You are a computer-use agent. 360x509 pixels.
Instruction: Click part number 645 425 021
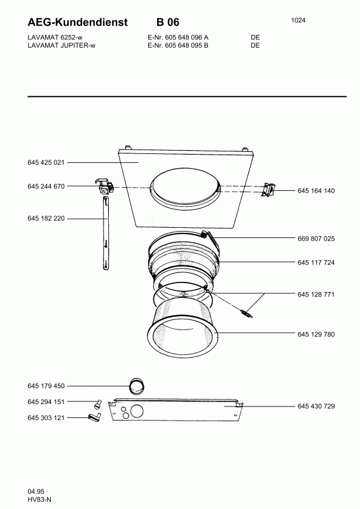[x=46, y=163]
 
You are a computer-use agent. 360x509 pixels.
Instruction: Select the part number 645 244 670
[x=46, y=186]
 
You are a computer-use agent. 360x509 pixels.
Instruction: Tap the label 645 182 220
[x=46, y=218]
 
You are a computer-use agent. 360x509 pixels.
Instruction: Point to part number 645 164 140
[x=316, y=191]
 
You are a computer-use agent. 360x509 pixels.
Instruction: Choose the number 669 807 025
[x=316, y=239]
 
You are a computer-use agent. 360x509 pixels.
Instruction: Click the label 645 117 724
[x=316, y=262]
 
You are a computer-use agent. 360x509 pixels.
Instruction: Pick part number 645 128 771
[x=316, y=295]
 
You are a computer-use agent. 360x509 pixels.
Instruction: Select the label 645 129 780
[x=316, y=335]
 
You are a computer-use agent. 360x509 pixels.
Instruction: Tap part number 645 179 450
[x=46, y=386]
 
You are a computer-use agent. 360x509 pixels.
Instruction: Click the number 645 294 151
[x=46, y=402]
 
